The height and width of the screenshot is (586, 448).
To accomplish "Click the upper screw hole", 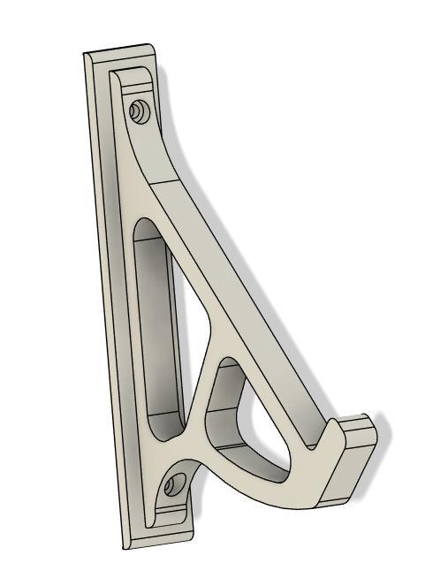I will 137,111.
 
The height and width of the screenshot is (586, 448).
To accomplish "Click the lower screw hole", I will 175,483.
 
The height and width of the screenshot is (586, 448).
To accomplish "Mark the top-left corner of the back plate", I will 86,55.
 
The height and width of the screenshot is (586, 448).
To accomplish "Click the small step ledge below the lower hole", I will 177,513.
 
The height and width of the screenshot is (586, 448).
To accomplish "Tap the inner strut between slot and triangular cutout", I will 196,389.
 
